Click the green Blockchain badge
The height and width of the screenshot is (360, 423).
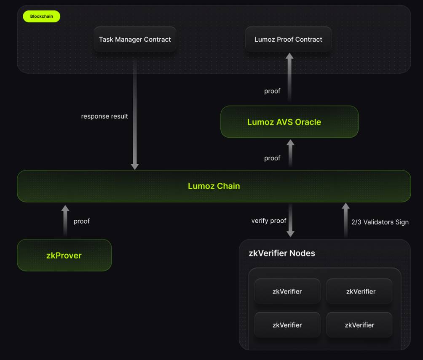point(42,16)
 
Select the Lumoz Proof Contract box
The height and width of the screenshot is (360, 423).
point(288,40)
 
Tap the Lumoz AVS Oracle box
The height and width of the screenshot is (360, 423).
point(289,122)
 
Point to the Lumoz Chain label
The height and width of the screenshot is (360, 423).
point(214,186)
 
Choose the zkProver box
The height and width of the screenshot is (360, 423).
point(64,256)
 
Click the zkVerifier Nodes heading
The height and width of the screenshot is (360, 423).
point(282,253)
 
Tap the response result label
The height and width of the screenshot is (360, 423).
point(104,116)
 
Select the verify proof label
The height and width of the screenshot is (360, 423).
point(269,221)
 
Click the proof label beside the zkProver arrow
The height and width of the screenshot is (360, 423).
point(81,221)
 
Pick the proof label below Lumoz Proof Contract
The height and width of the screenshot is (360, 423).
point(272,91)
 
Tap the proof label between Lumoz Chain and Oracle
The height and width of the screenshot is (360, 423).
point(272,158)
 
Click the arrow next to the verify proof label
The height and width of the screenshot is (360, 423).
point(290,220)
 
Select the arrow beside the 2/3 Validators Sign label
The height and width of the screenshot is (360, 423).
point(345,220)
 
